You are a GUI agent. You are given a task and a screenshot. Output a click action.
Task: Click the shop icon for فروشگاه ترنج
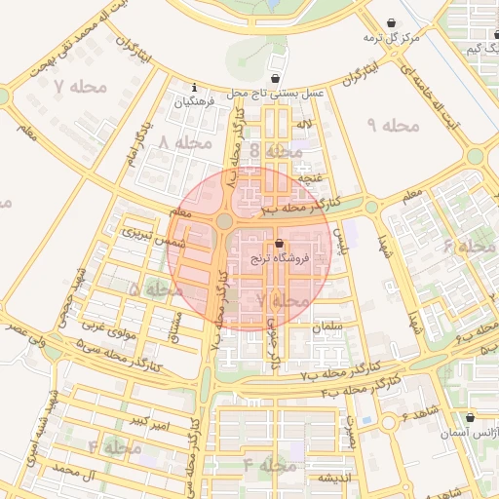click(280, 244)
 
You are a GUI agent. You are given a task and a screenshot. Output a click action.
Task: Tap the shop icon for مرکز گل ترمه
click(392, 22)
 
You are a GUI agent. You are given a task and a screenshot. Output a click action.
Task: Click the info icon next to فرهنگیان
click(195, 87)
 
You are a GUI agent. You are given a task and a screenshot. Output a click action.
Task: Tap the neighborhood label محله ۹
click(393, 125)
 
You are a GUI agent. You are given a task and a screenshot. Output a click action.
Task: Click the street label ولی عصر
click(24, 336)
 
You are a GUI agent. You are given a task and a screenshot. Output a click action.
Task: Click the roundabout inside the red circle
click(225, 221)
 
